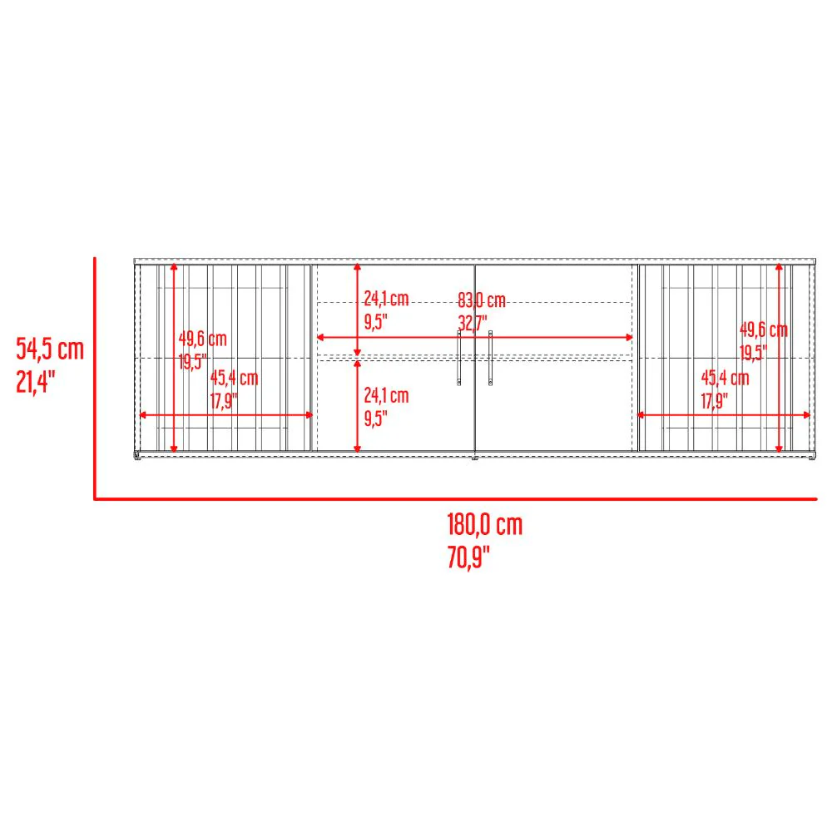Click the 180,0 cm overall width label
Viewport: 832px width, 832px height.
[484, 524]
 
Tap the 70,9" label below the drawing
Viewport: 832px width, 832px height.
[468, 557]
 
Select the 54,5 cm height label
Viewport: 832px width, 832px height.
[50, 349]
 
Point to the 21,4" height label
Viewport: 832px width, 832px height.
[36, 382]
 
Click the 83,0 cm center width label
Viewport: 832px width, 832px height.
[482, 300]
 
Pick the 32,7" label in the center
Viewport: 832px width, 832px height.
[473, 323]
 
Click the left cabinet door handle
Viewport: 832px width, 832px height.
[459, 357]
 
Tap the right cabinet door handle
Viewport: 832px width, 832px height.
[490, 357]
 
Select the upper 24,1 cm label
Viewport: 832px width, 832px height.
[386, 299]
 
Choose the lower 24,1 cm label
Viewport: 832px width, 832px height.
[386, 395]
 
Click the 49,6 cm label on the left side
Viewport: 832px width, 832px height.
[203, 339]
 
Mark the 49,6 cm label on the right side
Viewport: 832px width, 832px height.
[764, 330]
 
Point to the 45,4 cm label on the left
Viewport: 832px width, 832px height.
[234, 378]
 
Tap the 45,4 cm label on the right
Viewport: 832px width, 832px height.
[725, 378]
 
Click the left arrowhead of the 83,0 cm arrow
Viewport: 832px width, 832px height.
[320, 338]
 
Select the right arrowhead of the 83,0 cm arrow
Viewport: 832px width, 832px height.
[629, 338]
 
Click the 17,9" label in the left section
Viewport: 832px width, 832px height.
[223, 400]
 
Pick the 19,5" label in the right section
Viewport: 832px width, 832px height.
[753, 352]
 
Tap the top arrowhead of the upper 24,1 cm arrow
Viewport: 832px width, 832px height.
[357, 267]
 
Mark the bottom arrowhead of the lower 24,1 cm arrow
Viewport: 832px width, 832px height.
[357, 449]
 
